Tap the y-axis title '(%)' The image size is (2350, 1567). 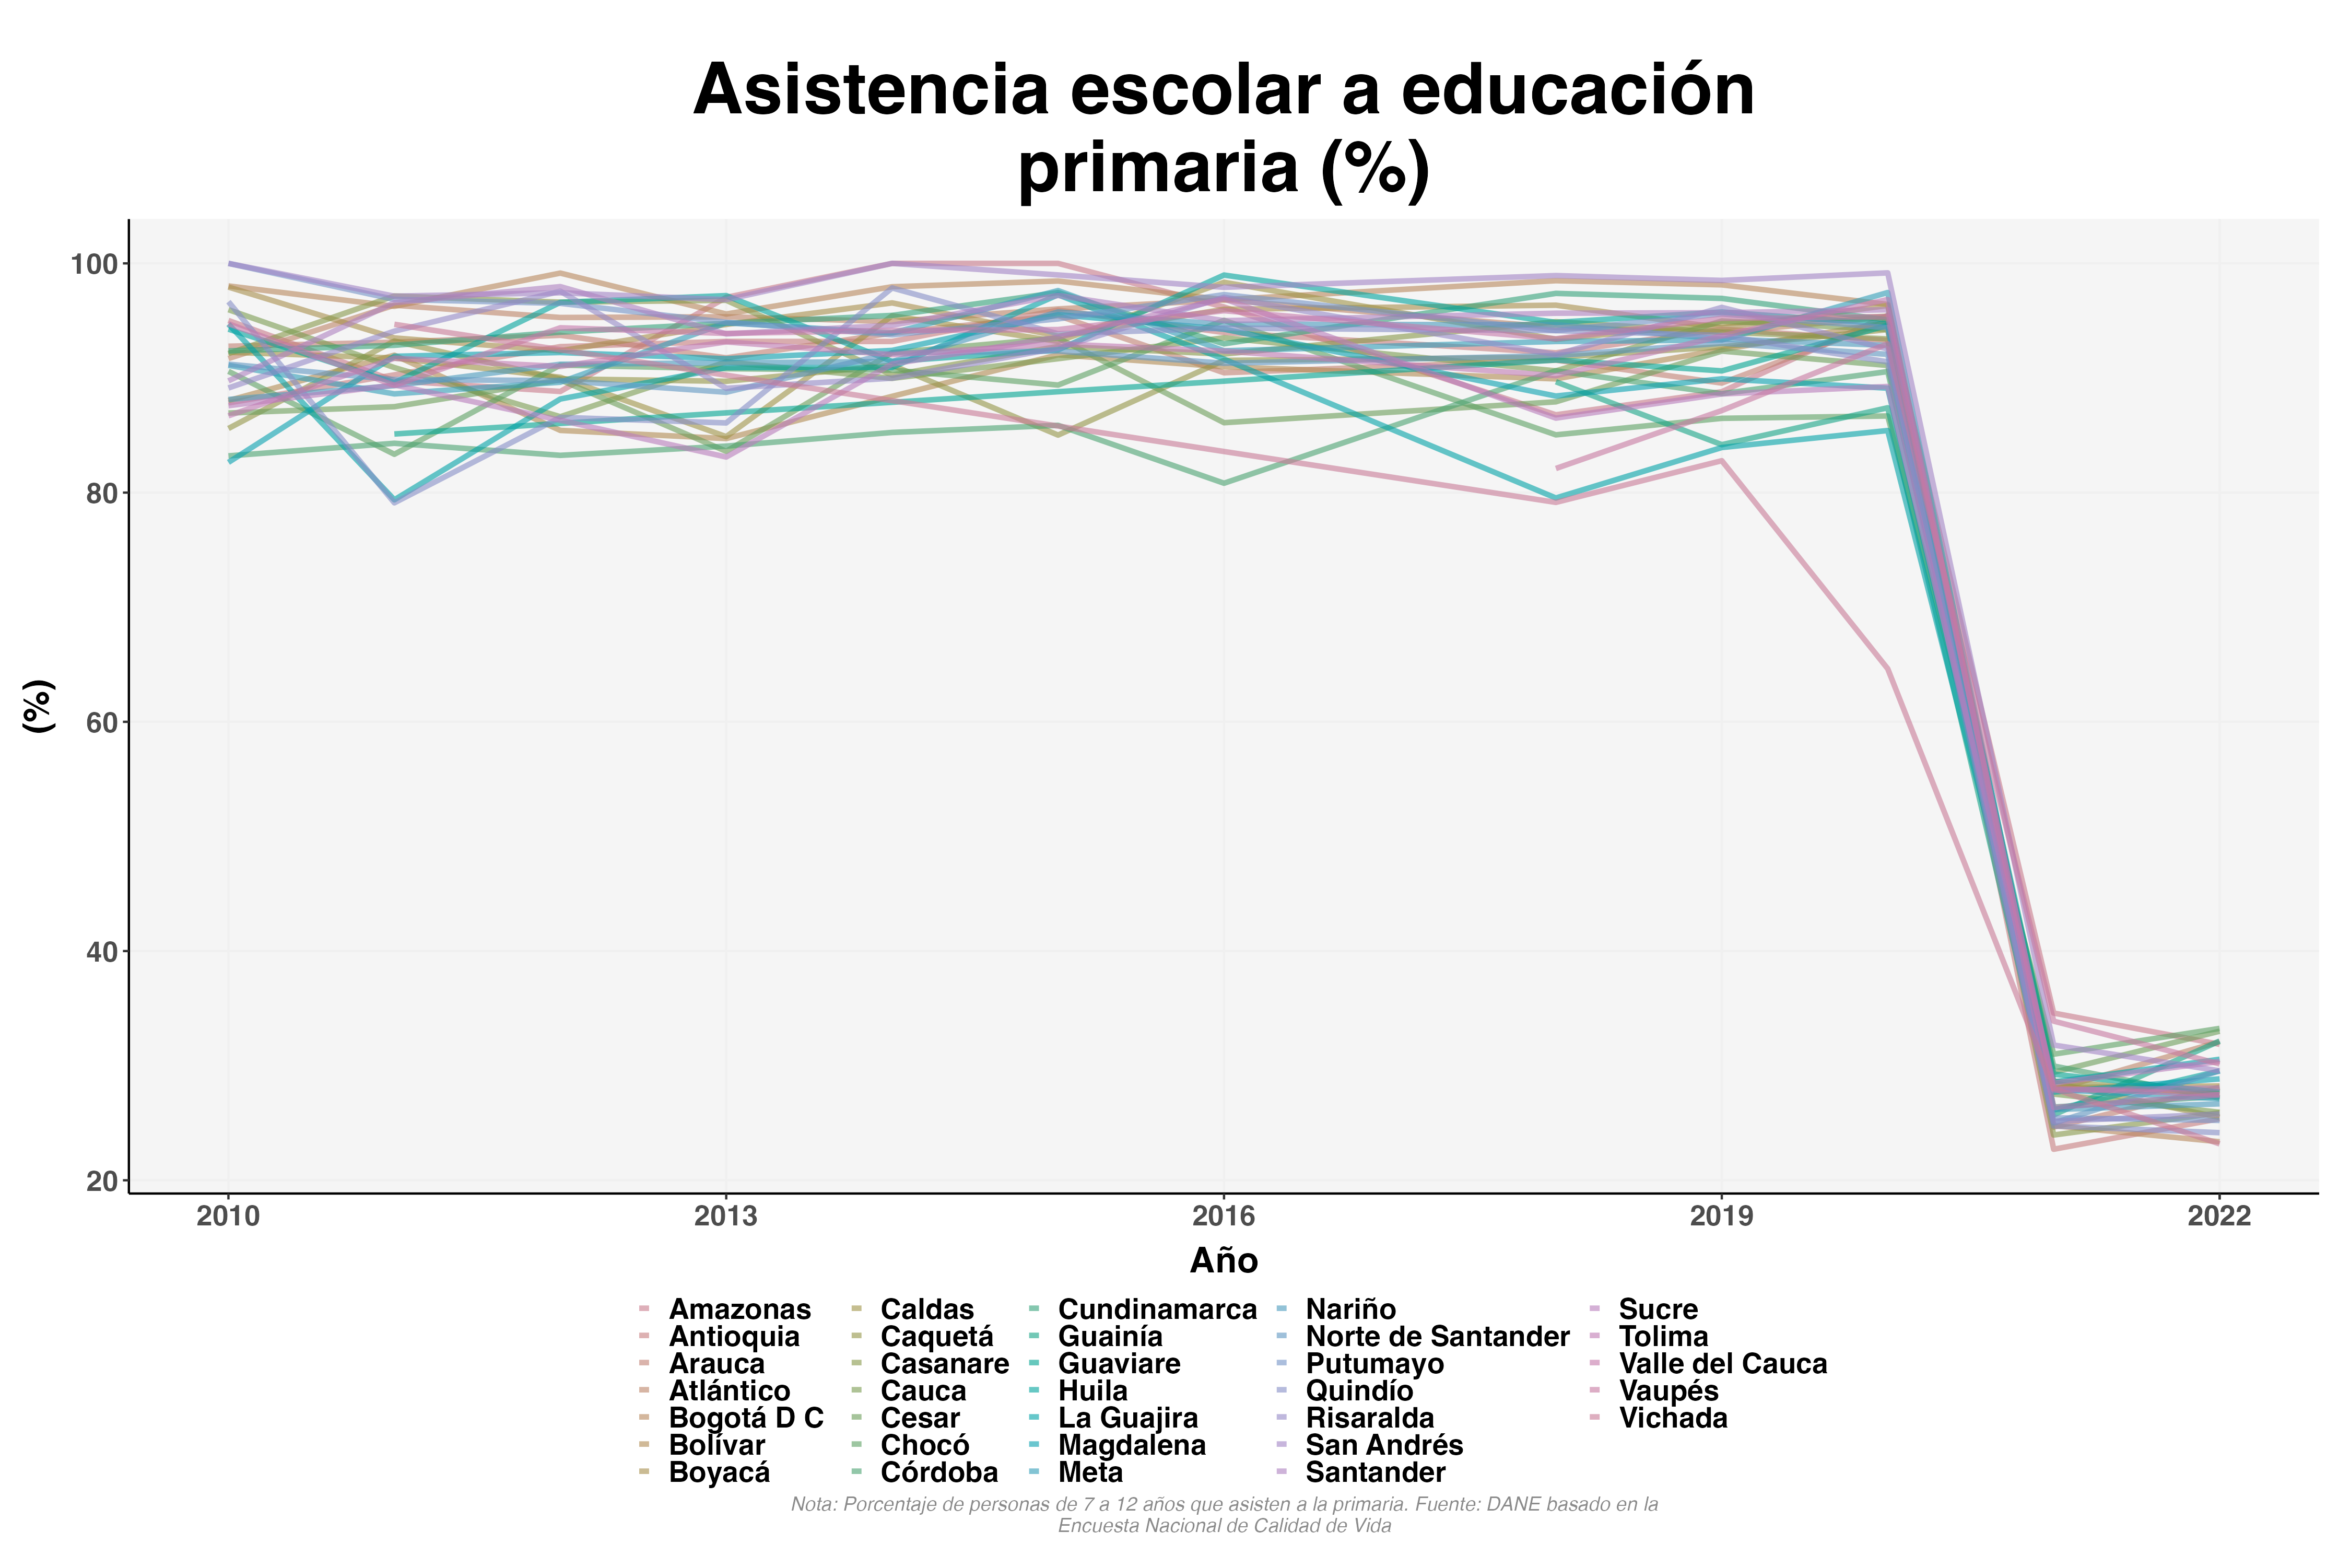(38, 706)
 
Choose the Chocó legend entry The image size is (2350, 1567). (924, 1445)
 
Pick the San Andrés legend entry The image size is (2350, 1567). (1384, 1445)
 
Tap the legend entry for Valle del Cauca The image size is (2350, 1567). (1722, 1364)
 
